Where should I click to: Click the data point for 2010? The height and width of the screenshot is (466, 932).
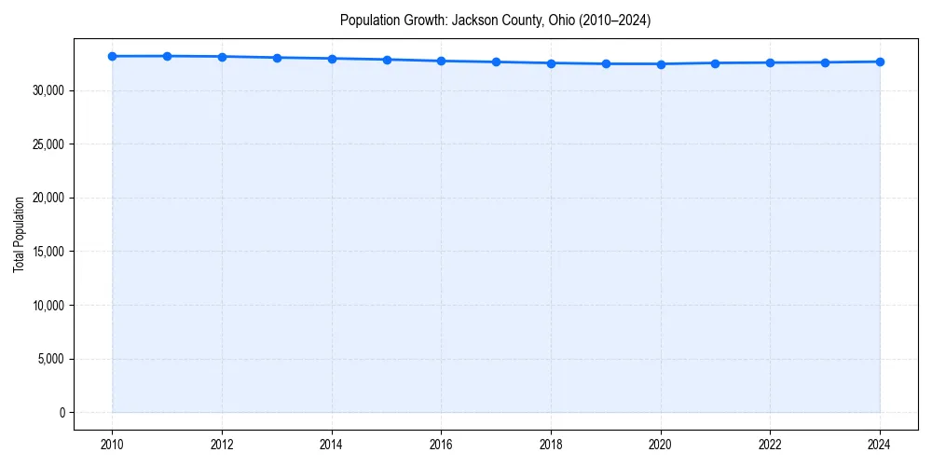click(112, 56)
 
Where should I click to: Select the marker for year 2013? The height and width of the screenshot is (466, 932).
click(277, 58)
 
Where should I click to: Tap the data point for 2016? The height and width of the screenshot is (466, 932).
click(441, 61)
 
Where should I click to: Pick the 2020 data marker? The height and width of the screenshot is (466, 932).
click(661, 64)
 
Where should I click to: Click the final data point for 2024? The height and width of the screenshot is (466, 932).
click(880, 62)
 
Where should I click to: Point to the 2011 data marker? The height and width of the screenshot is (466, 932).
click(167, 56)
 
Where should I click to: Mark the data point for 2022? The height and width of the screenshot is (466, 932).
click(770, 62)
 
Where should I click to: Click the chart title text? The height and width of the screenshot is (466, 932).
click(495, 20)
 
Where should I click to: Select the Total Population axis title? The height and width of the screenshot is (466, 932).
click(19, 234)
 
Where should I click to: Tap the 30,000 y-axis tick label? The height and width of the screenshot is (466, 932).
click(48, 90)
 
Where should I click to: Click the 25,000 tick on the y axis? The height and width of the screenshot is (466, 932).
click(48, 144)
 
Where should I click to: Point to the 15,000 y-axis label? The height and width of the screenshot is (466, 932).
click(48, 252)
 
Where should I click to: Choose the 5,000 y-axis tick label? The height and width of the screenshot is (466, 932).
click(50, 359)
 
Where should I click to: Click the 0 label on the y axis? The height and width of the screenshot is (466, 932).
click(62, 413)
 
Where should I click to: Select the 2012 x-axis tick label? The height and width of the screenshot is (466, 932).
click(222, 445)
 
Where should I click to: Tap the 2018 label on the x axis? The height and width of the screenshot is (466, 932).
click(551, 445)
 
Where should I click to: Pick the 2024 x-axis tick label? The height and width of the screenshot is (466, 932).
click(880, 445)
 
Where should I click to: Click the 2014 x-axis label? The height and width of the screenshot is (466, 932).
click(332, 445)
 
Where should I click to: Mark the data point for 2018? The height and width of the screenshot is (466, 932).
click(551, 63)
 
